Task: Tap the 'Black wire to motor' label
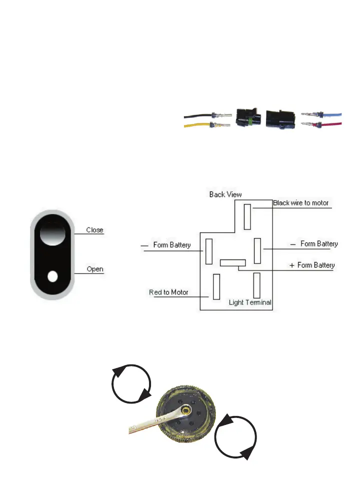pos(301,203)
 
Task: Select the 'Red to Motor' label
pos(169,292)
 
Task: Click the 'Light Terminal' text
pos(250,302)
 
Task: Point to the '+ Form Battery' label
pos(312,265)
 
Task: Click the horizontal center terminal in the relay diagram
pos(233,262)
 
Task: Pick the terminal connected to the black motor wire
pos(247,216)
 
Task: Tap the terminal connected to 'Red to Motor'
pos(216,287)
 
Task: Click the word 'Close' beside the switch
pos(94,230)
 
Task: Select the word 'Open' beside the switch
pos(95,269)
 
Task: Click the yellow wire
pos(195,128)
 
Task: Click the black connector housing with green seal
pos(247,119)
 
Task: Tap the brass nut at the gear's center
pos(186,409)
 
